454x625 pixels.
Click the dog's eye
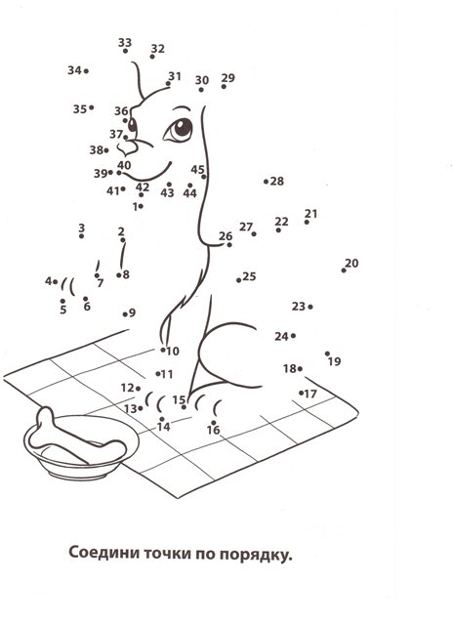(179, 129)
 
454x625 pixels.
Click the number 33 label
(125, 42)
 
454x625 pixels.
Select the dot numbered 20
(344, 271)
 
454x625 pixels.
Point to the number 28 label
(277, 181)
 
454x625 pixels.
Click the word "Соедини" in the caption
(103, 553)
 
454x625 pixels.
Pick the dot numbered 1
(142, 206)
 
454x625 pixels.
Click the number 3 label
(81, 228)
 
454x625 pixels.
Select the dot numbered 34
(86, 71)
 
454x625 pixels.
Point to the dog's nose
(128, 149)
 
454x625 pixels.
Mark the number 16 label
(213, 430)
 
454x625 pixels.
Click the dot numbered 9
(125, 314)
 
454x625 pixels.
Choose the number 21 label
(310, 214)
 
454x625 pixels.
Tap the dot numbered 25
(238, 280)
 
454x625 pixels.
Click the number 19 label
(335, 361)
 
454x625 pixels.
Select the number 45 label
(197, 169)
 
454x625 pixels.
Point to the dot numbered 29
(224, 87)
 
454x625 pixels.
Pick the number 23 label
(298, 306)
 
